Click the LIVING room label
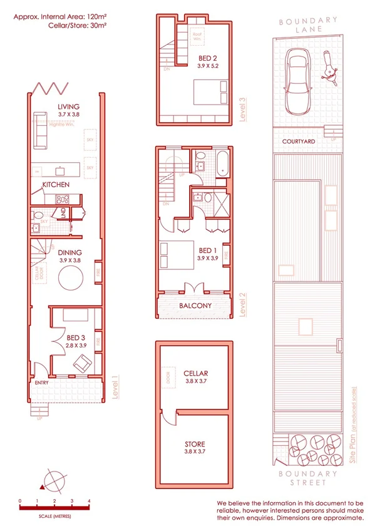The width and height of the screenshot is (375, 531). [68, 106]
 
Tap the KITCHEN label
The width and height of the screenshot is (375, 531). [56, 185]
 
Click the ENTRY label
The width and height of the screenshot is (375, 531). [42, 382]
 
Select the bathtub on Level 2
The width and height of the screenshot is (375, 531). [222, 162]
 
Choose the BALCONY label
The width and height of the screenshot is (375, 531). [195, 306]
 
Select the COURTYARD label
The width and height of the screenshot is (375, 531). [298, 142]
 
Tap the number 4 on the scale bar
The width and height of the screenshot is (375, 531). [90, 501]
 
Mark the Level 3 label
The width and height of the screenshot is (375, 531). [243, 109]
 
